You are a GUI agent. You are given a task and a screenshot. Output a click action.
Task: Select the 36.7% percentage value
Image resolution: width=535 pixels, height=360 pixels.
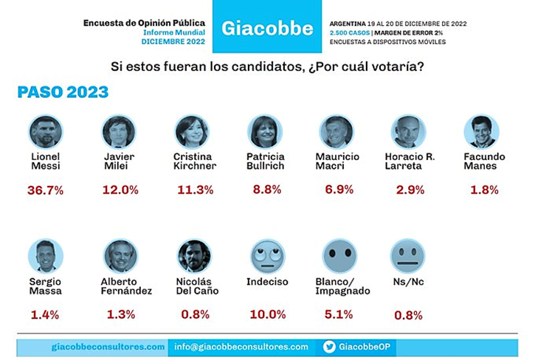(x=46, y=190)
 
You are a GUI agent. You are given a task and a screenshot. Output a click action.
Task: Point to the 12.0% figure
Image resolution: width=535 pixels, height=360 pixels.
(x=120, y=190)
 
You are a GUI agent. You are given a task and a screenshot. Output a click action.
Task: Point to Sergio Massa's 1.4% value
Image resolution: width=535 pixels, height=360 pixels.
(x=44, y=315)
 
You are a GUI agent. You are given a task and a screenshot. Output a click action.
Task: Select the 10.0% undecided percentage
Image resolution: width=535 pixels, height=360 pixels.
(x=267, y=315)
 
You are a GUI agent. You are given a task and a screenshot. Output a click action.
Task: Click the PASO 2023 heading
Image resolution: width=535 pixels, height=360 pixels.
(x=63, y=92)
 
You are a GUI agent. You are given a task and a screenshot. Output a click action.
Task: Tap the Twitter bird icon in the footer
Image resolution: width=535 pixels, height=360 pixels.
(x=329, y=347)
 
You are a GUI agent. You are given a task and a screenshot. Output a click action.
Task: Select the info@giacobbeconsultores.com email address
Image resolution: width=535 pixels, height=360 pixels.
(x=241, y=347)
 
